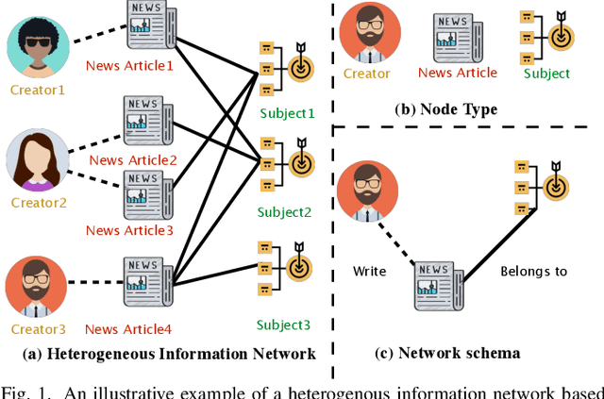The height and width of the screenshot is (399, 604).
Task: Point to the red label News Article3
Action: [x=130, y=230]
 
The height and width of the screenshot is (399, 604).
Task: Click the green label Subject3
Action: [x=284, y=324]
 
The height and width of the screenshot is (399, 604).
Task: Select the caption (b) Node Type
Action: [x=445, y=109]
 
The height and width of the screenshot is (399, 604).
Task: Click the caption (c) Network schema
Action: [x=447, y=353]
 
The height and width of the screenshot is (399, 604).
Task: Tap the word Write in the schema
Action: [x=370, y=272]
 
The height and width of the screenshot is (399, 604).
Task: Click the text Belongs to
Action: [x=533, y=272]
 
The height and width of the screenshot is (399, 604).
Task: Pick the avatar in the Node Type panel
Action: [x=366, y=32]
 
